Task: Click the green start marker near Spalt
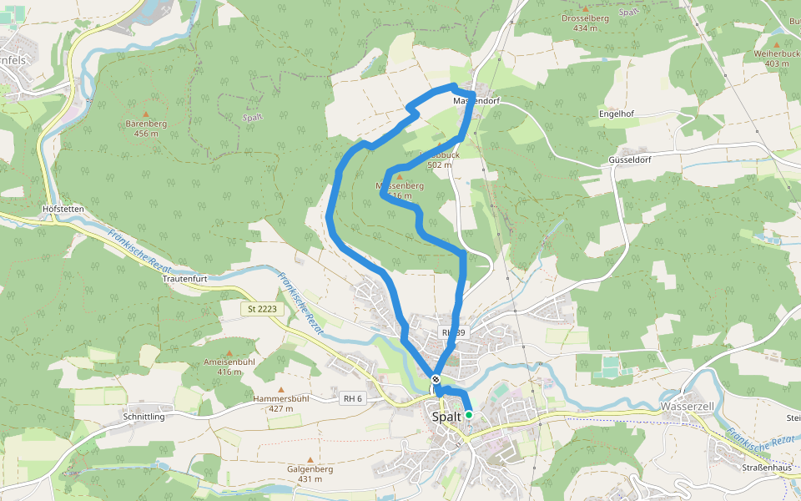(469, 414)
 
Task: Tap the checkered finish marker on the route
(436, 378)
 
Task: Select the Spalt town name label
(446, 416)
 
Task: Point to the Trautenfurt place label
(179, 278)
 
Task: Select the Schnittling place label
(144, 416)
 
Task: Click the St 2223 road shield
(263, 309)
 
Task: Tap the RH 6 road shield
(353, 398)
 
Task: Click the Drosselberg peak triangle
(586, 8)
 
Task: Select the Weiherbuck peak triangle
(777, 44)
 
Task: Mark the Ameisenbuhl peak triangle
(229, 353)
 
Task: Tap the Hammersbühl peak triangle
(280, 390)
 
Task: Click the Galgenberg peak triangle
(310, 460)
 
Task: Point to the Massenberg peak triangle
(399, 176)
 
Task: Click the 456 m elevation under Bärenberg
(146, 134)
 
